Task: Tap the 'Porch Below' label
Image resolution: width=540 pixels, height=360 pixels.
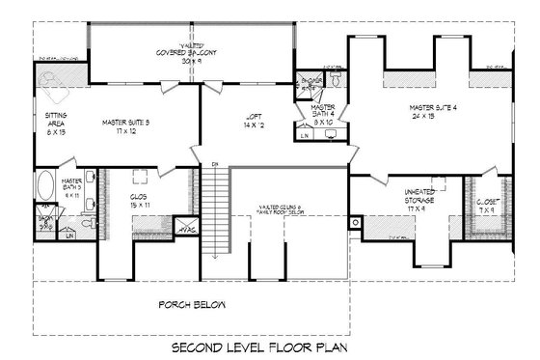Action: point(193,305)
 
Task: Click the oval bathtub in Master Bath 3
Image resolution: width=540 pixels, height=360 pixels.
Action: point(45,184)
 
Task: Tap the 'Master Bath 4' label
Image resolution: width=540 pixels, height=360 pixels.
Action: point(322,114)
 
